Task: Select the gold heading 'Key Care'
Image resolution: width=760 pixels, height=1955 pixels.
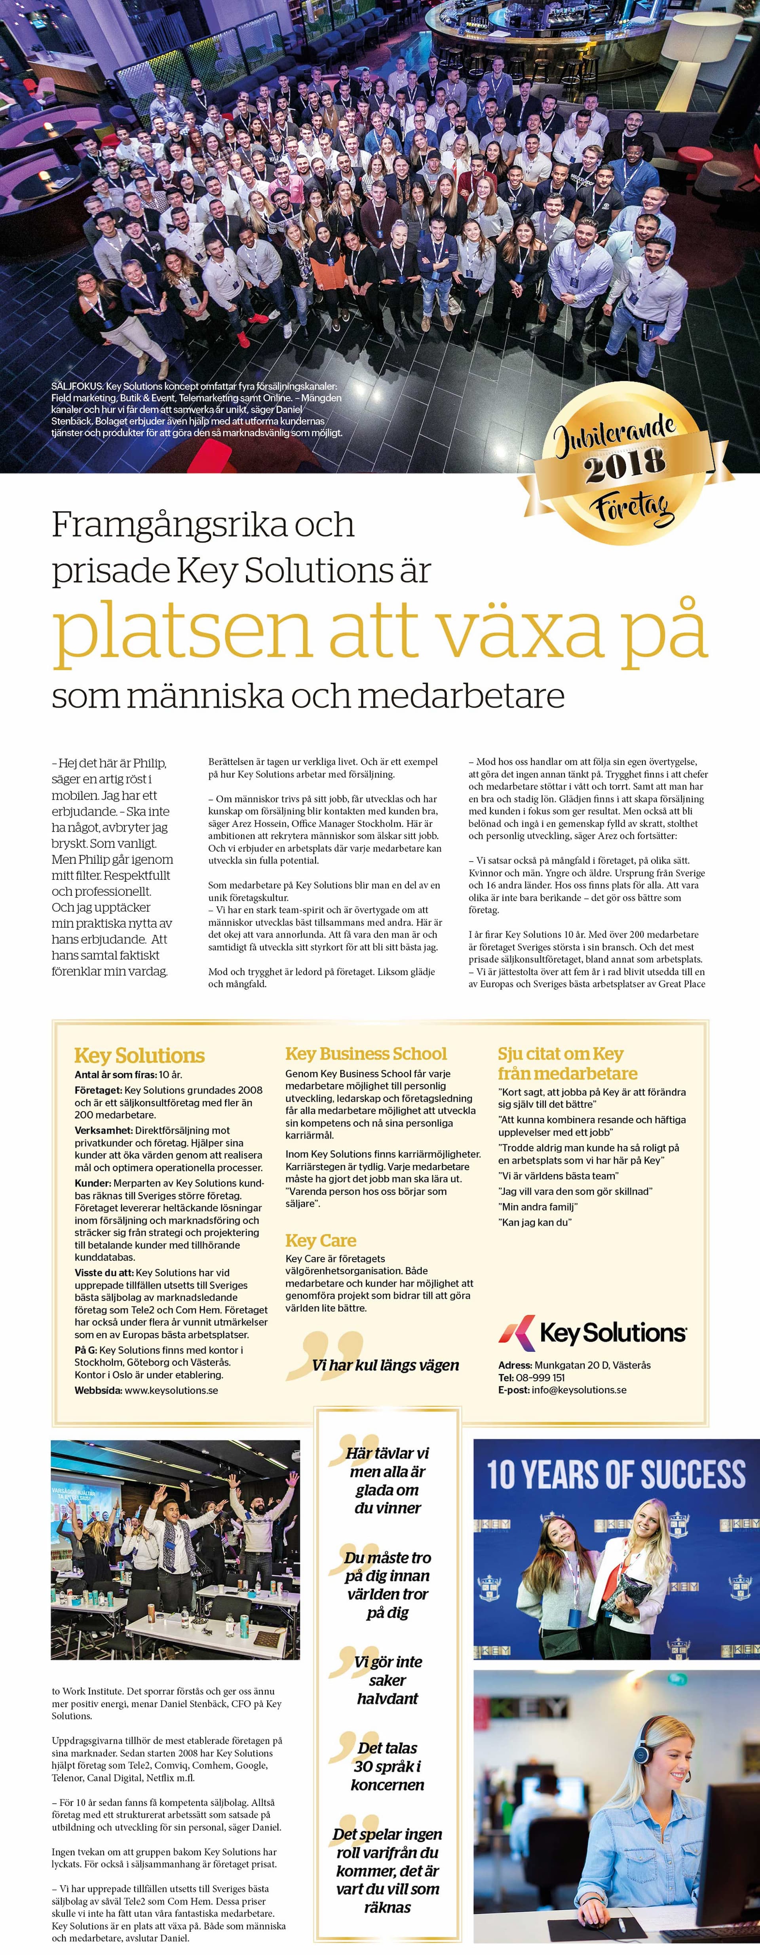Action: click(x=320, y=1240)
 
